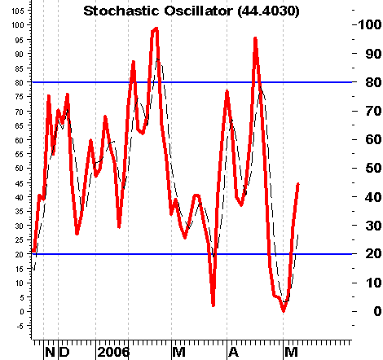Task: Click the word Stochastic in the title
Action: click(121, 11)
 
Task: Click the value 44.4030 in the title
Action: click(268, 11)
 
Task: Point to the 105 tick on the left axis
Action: click(18, 11)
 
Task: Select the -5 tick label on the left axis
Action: click(20, 326)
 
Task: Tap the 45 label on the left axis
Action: click(20, 183)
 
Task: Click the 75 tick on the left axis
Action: click(20, 97)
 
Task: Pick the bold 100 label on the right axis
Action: click(370, 25)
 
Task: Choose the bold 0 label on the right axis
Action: click(377, 311)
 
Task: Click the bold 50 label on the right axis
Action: click(373, 168)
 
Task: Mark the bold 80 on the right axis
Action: click(373, 82)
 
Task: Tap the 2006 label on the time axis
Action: click(113, 353)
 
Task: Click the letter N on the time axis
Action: click(50, 353)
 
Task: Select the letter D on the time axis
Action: click(64, 353)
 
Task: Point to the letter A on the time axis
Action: click(234, 353)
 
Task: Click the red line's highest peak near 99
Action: click(156, 29)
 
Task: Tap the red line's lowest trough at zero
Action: click(284, 311)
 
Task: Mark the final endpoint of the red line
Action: click(298, 184)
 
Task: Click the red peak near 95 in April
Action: click(255, 38)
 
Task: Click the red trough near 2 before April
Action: click(214, 305)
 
